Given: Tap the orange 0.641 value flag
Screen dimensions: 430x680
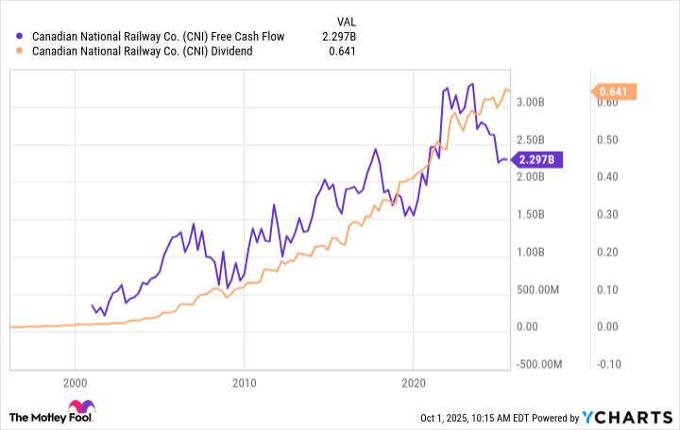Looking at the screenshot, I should [x=615, y=91].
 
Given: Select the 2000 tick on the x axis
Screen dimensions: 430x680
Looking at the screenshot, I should [x=75, y=382].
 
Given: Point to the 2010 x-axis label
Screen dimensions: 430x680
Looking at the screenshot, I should [x=244, y=382].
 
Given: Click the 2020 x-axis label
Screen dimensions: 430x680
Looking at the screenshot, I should [x=413, y=382].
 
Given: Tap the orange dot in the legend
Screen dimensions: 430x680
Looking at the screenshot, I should [x=22, y=51].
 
